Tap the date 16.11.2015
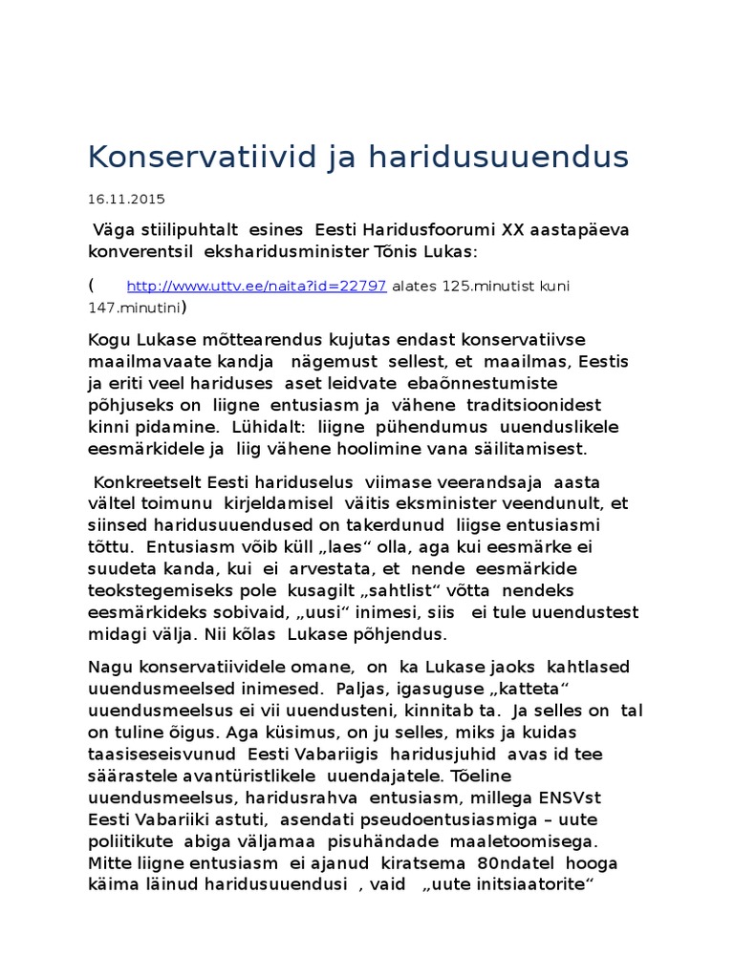pyautogui.click(x=126, y=200)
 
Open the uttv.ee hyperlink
pyautogui.click(x=256, y=287)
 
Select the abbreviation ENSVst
pyautogui.click(x=568, y=797)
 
